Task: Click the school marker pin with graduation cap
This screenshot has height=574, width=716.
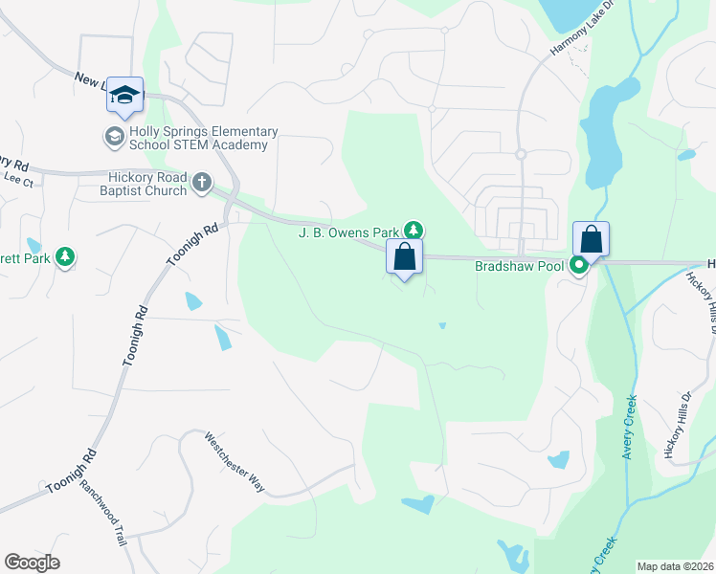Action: [124, 95]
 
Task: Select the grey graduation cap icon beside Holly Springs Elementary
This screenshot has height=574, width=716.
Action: [114, 137]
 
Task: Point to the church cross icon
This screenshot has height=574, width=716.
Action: [201, 182]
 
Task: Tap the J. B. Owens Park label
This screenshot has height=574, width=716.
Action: [349, 232]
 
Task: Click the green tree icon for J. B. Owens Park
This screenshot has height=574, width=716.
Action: [414, 230]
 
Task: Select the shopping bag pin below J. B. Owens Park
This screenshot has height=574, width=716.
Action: [404, 256]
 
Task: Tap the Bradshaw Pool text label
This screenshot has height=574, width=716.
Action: [520, 266]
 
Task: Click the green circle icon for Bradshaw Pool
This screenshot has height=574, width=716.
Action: [579, 266]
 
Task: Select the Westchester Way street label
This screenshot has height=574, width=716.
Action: [235, 461]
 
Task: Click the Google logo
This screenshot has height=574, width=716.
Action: [32, 563]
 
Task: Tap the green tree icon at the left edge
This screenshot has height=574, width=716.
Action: [64, 256]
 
